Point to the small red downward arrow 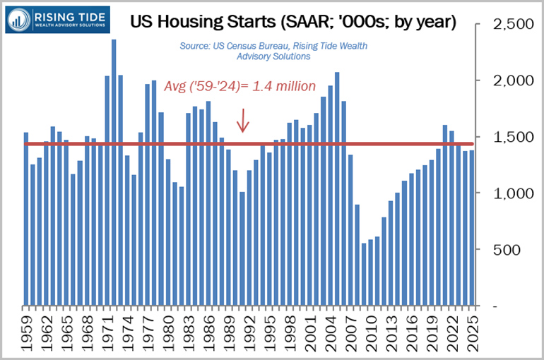[242, 121]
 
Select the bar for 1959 [26, 219]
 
